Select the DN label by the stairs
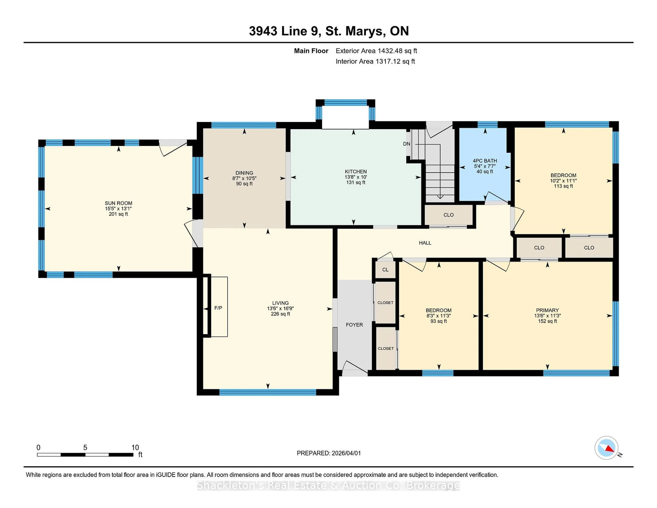pos(406,144)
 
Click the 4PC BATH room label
pos(485,161)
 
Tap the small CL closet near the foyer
pos(385,270)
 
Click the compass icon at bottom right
pos(606,448)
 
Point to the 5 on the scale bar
pos(85,448)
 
